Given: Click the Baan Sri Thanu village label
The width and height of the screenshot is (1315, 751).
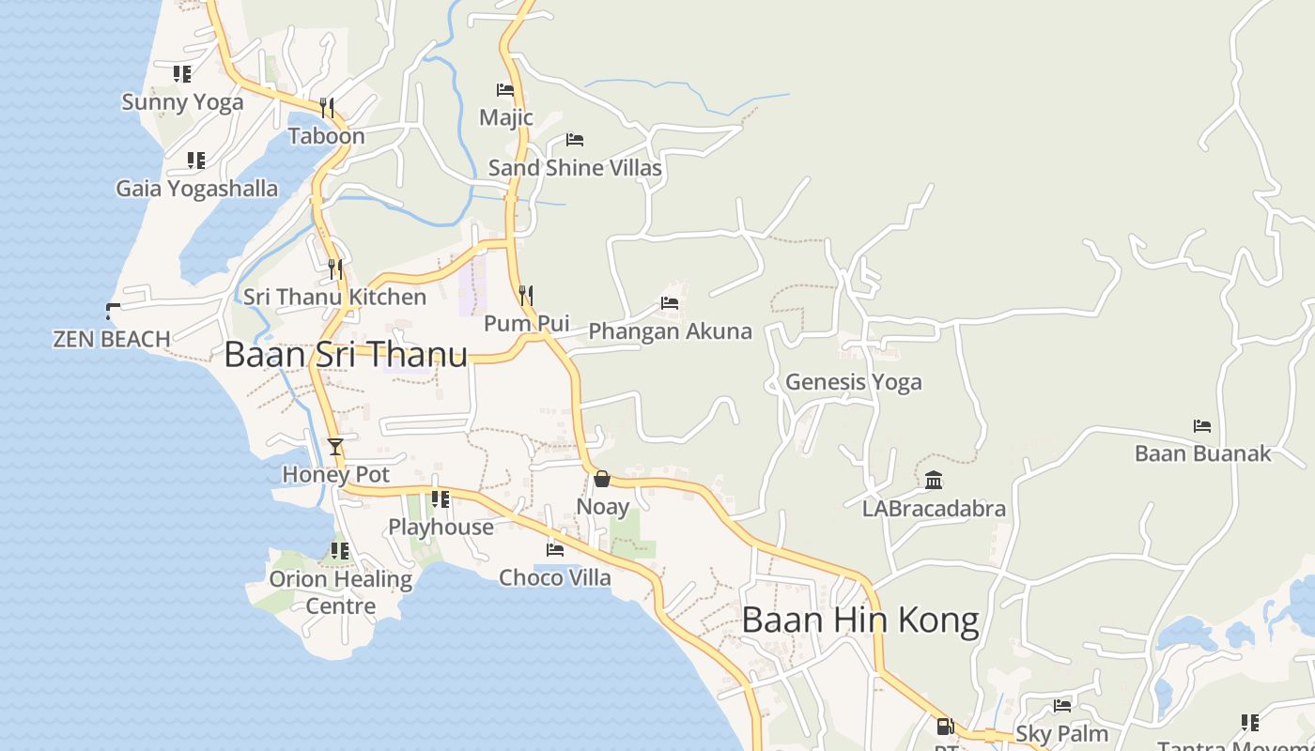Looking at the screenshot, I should (346, 355).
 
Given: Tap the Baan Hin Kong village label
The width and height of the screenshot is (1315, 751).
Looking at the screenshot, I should (859, 621).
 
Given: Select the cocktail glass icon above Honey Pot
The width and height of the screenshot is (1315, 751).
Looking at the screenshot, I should (335, 446).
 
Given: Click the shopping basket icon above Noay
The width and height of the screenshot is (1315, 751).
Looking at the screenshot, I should (602, 479).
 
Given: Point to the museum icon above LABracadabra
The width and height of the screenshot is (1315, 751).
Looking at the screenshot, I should (934, 481).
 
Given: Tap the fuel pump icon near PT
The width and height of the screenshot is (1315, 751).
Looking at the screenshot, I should (945, 726).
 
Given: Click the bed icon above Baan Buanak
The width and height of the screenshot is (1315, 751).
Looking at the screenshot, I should (1202, 425).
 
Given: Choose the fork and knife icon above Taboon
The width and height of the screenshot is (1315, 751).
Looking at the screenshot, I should (327, 107).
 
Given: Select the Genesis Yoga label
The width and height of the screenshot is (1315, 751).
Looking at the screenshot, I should (853, 382).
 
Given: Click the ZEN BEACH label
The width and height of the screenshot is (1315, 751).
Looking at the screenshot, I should (112, 339).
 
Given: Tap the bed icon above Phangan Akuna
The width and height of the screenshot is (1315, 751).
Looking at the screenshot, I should (670, 303).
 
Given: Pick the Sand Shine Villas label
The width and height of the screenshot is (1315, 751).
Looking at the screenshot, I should (575, 168).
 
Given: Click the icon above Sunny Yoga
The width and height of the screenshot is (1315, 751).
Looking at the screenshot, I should (182, 73).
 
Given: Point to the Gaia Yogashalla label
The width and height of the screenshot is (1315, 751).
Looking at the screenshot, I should (197, 189).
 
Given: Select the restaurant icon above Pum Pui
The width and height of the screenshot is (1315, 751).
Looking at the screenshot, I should (526, 296).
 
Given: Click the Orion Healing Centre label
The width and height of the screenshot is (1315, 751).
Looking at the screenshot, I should (341, 592).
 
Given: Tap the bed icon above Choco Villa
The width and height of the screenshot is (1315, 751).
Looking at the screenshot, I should (555, 549).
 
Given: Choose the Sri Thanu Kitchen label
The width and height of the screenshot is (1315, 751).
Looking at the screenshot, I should (334, 297).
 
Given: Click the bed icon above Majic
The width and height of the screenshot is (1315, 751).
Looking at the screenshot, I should (505, 90).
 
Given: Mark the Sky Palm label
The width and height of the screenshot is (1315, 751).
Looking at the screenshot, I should (1061, 733).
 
